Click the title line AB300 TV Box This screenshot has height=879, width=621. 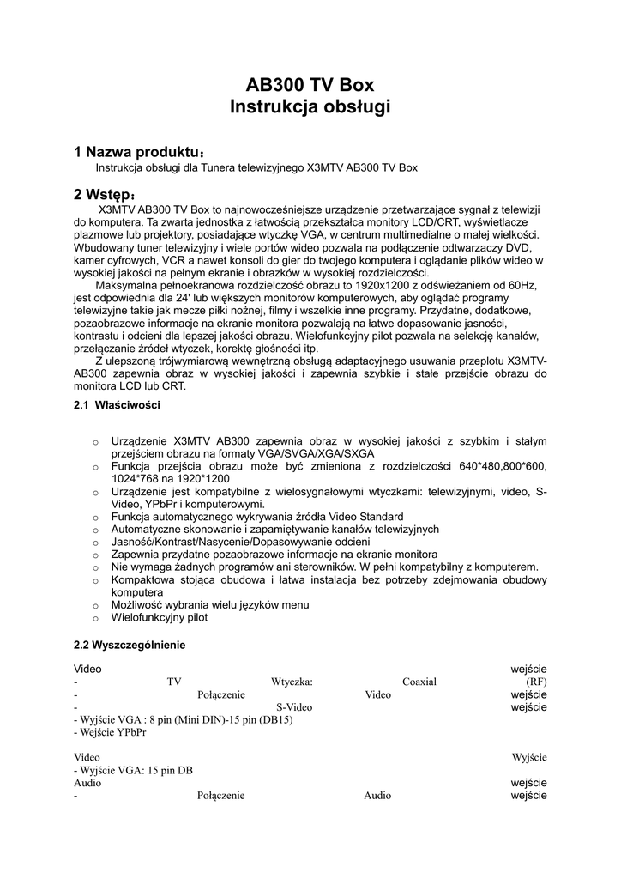[310, 85]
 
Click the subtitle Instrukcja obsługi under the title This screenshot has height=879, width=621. [310, 107]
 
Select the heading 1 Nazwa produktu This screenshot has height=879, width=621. [137, 152]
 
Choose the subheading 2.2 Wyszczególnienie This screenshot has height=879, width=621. [129, 644]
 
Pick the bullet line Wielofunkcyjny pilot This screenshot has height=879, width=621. [159, 617]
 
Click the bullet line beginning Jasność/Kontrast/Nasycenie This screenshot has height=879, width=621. [240, 543]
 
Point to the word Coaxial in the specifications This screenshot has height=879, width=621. [419, 682]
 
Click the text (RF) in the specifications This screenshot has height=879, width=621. [536, 682]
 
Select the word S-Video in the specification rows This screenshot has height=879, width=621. [294, 707]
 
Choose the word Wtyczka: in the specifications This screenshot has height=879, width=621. [292, 682]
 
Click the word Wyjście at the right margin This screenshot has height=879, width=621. [529, 757]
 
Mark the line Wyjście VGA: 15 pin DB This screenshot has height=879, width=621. [133, 770]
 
